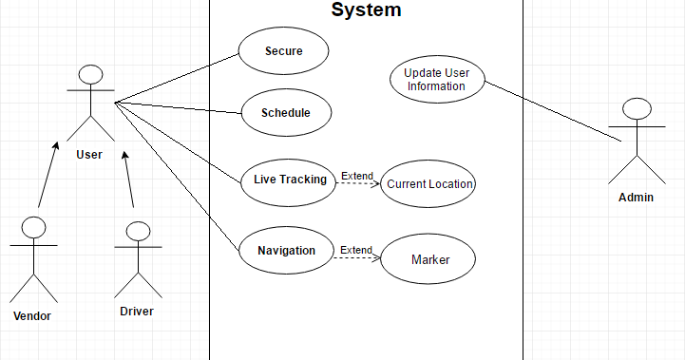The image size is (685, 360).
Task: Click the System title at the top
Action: (366, 10)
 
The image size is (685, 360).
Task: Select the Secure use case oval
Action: (283, 51)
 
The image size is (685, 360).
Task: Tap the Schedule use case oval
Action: (286, 113)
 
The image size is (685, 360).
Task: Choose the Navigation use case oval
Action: (286, 251)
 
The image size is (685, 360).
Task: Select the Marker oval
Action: (429, 259)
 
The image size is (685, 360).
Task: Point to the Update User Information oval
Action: (436, 79)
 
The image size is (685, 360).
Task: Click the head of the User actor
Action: (90, 75)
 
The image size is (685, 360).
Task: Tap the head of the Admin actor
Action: (636, 109)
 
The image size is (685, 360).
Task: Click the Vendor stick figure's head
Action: (34, 228)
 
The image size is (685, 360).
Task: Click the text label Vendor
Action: (31, 315)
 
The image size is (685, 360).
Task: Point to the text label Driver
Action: (136, 311)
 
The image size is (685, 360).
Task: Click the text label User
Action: (89, 154)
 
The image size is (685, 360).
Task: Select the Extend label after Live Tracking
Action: (357, 177)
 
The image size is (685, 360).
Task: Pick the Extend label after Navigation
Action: (356, 250)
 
